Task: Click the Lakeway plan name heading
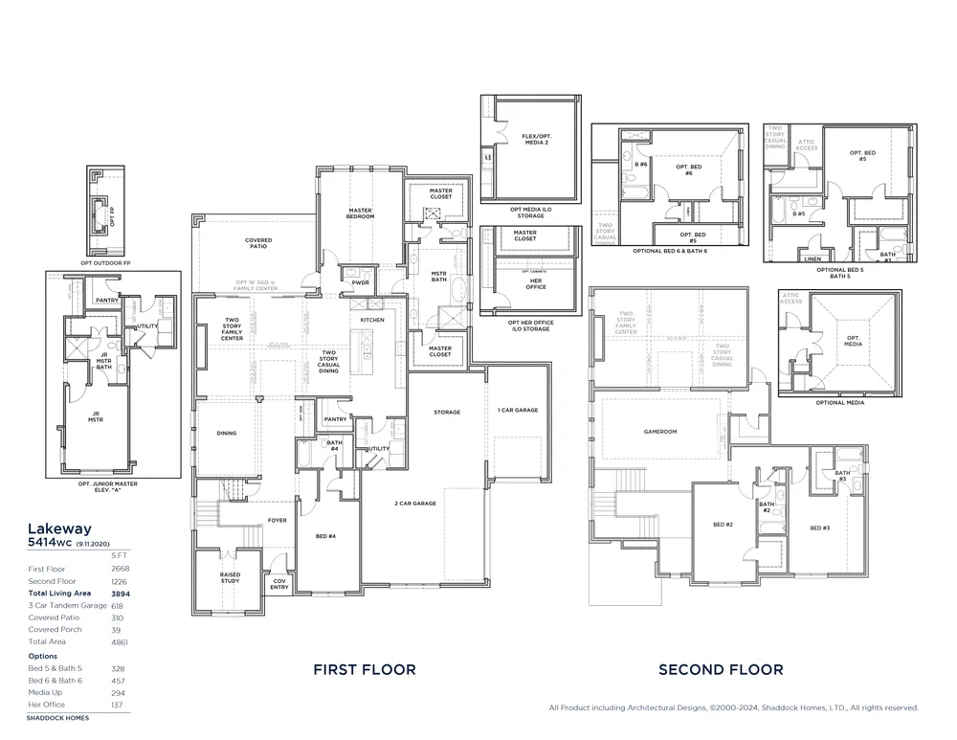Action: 59,527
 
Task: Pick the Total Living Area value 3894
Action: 121,594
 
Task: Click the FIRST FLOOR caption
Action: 365,670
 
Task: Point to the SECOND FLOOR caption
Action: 721,670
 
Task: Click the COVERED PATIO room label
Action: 257,243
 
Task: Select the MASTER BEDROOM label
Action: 361,213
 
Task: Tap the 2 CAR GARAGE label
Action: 415,503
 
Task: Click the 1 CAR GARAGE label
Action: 518,410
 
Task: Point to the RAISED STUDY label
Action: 230,577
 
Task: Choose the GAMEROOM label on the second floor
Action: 660,432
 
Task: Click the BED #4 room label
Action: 325,536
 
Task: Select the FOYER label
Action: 278,521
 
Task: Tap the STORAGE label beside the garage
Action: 447,413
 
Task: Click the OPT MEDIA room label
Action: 853,340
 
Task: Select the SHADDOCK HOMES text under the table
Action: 57,717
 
